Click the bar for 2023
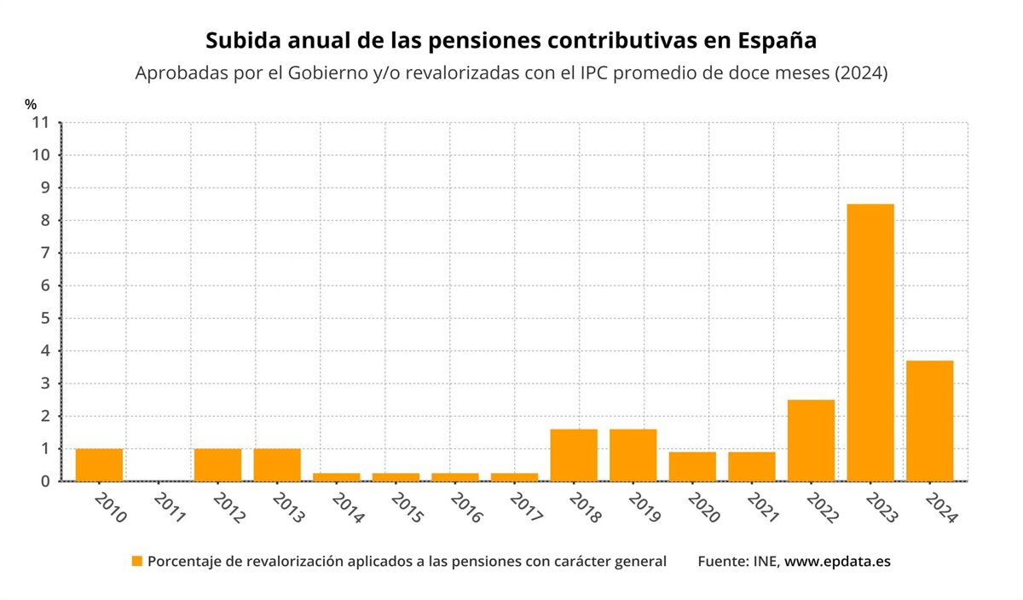[x=870, y=343]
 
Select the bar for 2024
[x=929, y=421]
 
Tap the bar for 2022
[x=811, y=441]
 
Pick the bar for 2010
[x=99, y=464]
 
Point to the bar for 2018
[x=574, y=455]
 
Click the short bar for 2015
[x=396, y=477]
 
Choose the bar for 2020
[x=692, y=466]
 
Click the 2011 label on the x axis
[x=170, y=508]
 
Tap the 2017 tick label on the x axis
[x=526, y=508]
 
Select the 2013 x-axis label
[x=289, y=508]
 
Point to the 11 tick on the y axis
[x=41, y=123]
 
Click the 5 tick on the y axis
[x=45, y=319]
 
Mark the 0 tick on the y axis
[x=45, y=482]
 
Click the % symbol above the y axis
[x=31, y=105]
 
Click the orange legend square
[x=136, y=562]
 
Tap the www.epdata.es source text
[x=837, y=562]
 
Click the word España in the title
[x=777, y=41]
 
